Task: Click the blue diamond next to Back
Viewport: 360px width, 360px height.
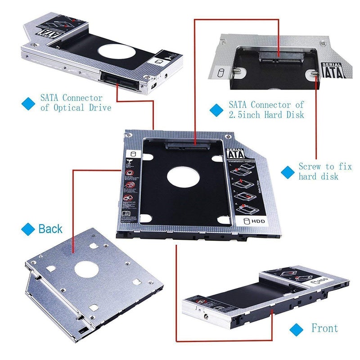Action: click(x=28, y=229)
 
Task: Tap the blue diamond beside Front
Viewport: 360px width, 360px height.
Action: click(x=296, y=328)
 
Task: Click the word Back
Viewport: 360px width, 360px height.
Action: click(x=50, y=229)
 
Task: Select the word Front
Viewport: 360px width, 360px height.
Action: click(x=324, y=328)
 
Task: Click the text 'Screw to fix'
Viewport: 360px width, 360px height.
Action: click(x=325, y=166)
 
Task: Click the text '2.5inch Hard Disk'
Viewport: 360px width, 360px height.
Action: click(x=266, y=115)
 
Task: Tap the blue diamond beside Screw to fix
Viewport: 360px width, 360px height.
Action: click(x=287, y=171)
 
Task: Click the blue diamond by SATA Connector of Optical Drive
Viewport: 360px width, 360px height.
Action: click(x=28, y=103)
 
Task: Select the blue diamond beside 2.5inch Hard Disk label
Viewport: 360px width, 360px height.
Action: click(x=217, y=110)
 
